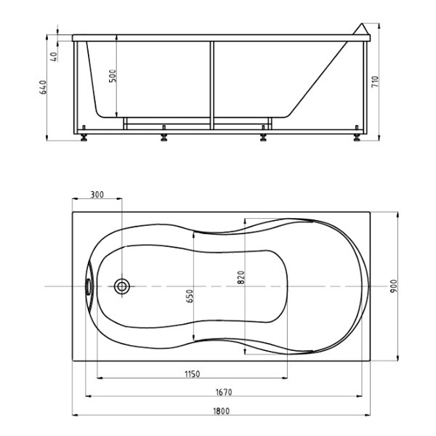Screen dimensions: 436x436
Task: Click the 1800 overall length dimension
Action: (222, 411)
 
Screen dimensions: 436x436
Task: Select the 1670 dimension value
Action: (224, 392)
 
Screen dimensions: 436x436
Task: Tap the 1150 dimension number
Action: (192, 374)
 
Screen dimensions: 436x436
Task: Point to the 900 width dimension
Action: (394, 286)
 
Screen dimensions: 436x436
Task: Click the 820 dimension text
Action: (241, 278)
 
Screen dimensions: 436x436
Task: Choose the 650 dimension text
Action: (190, 296)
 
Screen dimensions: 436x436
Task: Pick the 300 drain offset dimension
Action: (97, 194)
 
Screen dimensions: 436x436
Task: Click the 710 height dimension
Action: (375, 81)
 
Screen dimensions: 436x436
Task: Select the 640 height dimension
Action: (44, 87)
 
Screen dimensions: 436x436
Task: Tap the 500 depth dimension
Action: (113, 76)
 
